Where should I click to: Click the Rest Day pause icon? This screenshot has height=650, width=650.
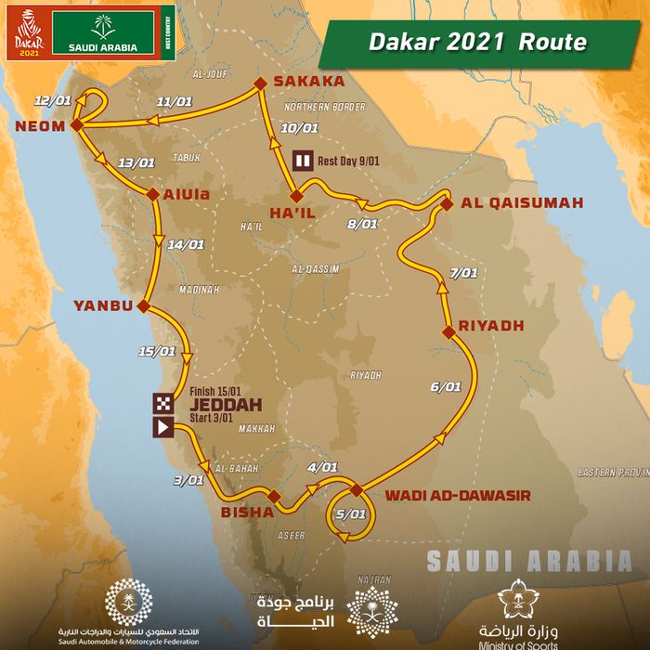click(302, 160)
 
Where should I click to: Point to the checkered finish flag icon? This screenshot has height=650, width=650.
click(162, 402)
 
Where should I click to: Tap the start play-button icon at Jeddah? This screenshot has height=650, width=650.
click(162, 427)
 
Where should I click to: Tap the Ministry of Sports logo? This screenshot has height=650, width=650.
click(518, 613)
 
